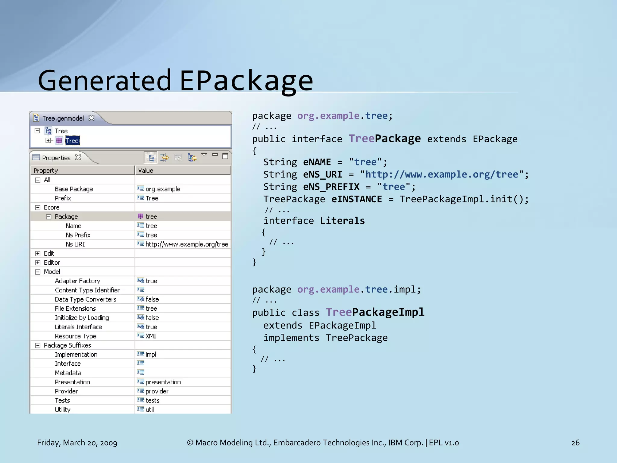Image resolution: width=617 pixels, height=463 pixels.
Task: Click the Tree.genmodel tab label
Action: (x=63, y=118)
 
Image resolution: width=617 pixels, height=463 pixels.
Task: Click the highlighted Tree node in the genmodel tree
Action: (x=72, y=141)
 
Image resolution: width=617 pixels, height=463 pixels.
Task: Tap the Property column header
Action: (x=46, y=171)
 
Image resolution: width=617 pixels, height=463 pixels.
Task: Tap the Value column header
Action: (x=146, y=171)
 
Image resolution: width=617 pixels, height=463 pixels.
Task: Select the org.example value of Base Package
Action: (x=163, y=189)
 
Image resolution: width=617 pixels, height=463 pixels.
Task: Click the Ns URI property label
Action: (x=75, y=244)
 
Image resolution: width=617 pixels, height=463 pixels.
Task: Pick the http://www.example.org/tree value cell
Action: (x=187, y=244)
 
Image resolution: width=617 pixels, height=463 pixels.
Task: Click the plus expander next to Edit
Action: (x=38, y=254)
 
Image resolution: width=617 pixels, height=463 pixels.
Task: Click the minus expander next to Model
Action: (x=38, y=272)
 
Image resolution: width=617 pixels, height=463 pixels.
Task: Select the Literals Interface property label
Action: (x=78, y=327)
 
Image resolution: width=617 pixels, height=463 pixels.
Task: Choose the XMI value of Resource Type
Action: (x=151, y=336)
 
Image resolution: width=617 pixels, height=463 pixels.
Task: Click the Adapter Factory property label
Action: (x=77, y=281)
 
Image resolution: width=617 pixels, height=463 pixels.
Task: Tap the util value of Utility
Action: (x=150, y=410)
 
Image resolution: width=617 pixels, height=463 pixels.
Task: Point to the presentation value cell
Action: (x=163, y=382)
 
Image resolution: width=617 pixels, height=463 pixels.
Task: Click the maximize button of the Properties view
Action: (x=225, y=156)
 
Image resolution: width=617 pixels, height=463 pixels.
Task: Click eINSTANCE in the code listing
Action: (x=357, y=199)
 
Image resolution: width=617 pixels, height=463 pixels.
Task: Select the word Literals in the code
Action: (x=342, y=221)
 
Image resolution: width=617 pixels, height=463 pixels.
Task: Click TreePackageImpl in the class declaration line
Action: (x=375, y=312)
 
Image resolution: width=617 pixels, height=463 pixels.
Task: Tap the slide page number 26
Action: (x=575, y=443)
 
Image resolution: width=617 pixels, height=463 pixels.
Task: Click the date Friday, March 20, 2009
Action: (x=77, y=443)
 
